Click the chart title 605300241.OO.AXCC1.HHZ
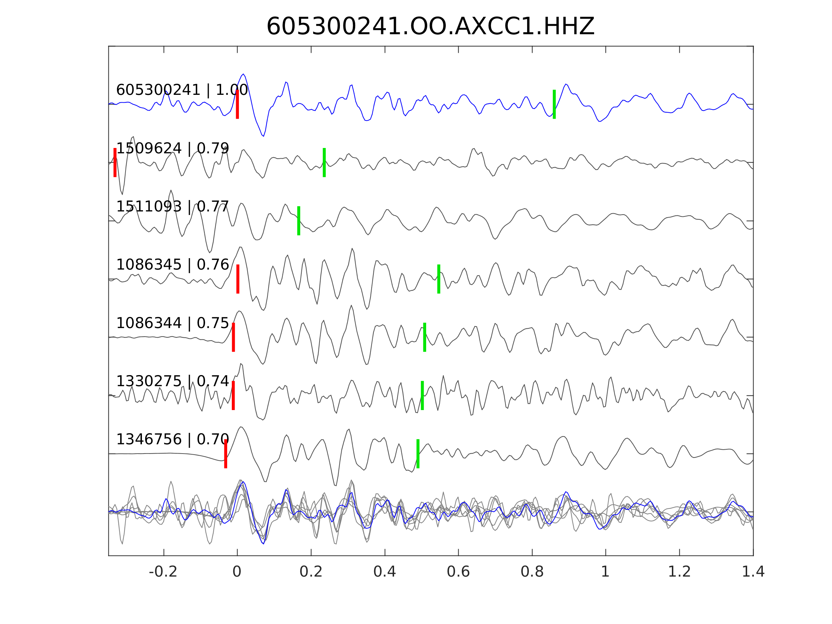click(430, 27)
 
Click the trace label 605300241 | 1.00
click(182, 90)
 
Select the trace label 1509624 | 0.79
click(172, 149)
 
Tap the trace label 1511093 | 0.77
click(172, 206)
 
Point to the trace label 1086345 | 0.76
click(172, 265)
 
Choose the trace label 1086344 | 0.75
click(172, 323)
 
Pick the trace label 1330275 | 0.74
click(172, 382)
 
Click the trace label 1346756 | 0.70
click(172, 439)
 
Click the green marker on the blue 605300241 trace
click(554, 104)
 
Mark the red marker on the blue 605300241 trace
click(238, 104)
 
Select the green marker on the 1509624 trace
click(324, 163)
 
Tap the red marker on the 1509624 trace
click(115, 163)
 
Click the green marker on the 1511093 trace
click(298, 221)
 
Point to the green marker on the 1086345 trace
click(439, 279)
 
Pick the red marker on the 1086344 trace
click(234, 337)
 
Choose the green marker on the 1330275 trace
click(422, 395)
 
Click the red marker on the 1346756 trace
click(226, 454)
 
